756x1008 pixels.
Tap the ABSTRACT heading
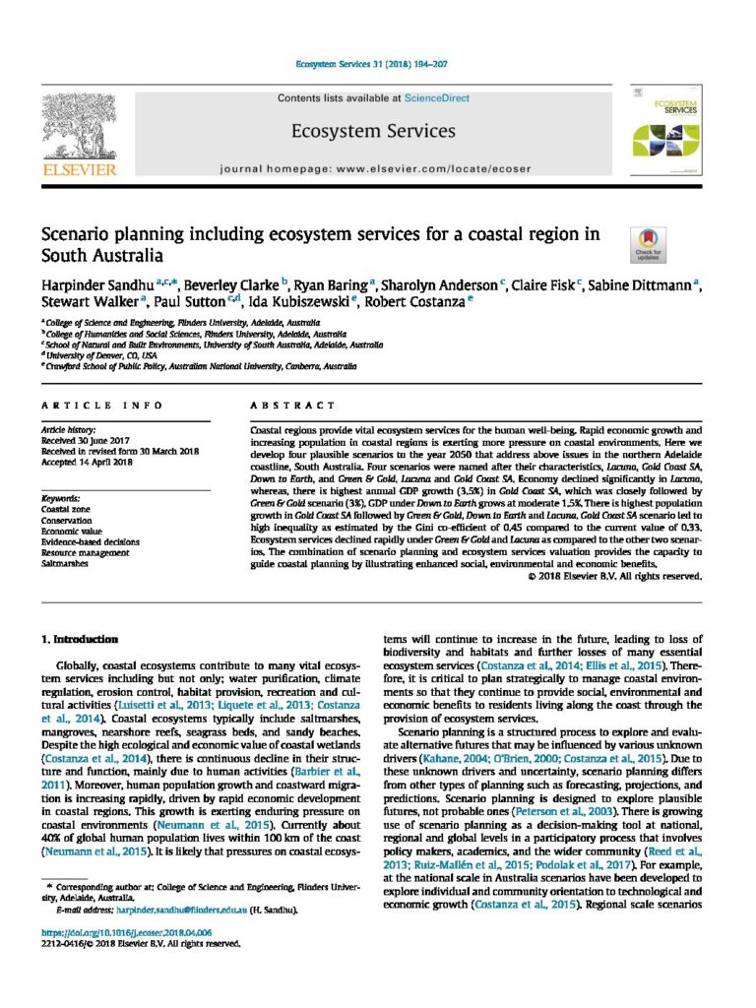(280, 406)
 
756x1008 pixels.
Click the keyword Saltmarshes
(63, 564)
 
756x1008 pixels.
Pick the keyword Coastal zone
(64, 510)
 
